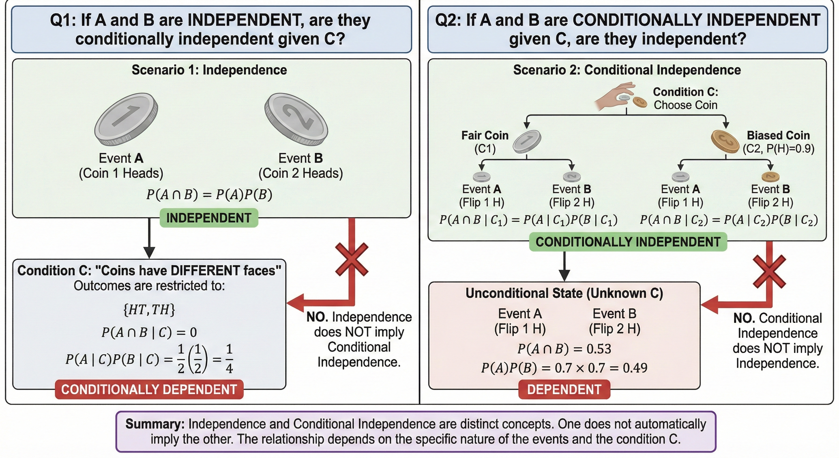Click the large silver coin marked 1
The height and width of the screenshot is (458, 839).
126,119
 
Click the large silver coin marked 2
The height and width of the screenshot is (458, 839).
296,119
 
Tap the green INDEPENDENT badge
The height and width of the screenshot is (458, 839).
209,218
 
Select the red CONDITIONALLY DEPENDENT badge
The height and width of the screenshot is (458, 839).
149,389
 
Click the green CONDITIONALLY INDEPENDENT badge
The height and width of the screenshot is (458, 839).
628,242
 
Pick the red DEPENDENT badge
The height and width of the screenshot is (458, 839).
564,389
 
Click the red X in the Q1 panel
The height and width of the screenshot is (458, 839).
352,259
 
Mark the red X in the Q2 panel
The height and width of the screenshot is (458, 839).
770,271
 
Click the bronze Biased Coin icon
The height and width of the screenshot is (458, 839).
725,142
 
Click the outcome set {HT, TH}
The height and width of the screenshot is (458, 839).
149,309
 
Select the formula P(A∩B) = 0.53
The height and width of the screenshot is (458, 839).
564,349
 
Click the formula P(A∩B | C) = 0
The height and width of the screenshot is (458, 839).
149,332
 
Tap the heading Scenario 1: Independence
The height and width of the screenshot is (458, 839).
209,70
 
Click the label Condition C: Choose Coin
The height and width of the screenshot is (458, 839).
686,98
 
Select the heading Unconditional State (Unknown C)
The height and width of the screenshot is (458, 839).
564,293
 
